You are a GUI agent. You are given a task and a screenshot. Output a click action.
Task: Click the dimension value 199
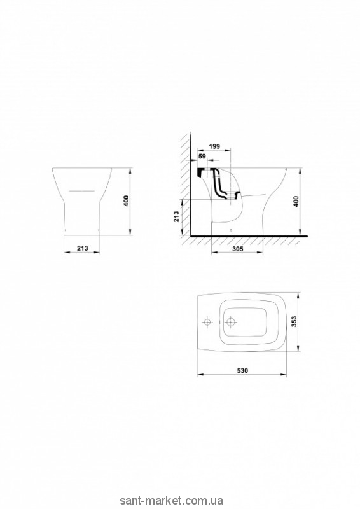click(x=214, y=146)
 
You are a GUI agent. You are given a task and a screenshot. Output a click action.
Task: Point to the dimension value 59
click(x=202, y=157)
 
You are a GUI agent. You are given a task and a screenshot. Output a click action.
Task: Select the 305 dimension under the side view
click(x=238, y=249)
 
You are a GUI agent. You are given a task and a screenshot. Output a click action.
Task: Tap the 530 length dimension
click(x=242, y=371)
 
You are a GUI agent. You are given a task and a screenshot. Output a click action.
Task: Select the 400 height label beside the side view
click(x=295, y=202)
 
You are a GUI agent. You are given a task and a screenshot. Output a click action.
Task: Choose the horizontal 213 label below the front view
click(x=83, y=248)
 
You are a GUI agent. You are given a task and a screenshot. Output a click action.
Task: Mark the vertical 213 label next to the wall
click(x=176, y=216)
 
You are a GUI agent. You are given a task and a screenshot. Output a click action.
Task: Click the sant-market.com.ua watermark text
click(x=171, y=501)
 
